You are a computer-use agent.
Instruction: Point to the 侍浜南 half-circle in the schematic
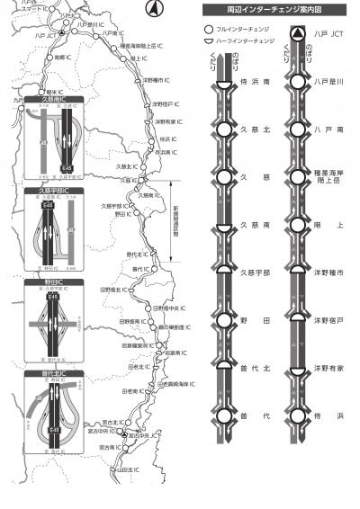tap(223, 82)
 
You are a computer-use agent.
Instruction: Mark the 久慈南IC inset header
tap(53, 100)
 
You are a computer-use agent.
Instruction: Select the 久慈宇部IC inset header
tap(53, 191)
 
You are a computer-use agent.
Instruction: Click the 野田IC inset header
tap(53, 281)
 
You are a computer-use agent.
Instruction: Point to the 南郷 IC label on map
tap(62, 56)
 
